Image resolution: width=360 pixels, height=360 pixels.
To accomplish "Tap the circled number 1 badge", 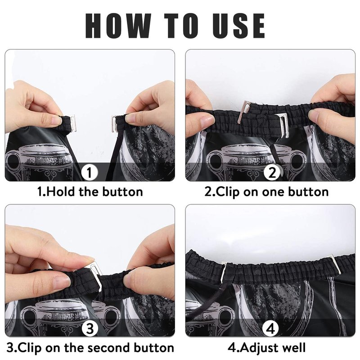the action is coord(89,172).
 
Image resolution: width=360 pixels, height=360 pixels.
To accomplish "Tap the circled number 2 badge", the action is coord(272,172).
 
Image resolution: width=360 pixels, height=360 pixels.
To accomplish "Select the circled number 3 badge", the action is coord(90,328).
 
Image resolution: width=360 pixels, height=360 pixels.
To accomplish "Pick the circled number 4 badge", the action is coord(271,328).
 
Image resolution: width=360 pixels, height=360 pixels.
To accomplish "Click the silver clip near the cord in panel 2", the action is coord(283,125).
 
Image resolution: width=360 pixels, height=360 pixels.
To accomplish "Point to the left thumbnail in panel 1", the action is coord(56,120).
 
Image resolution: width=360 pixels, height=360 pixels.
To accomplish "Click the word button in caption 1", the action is coord(122,192).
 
